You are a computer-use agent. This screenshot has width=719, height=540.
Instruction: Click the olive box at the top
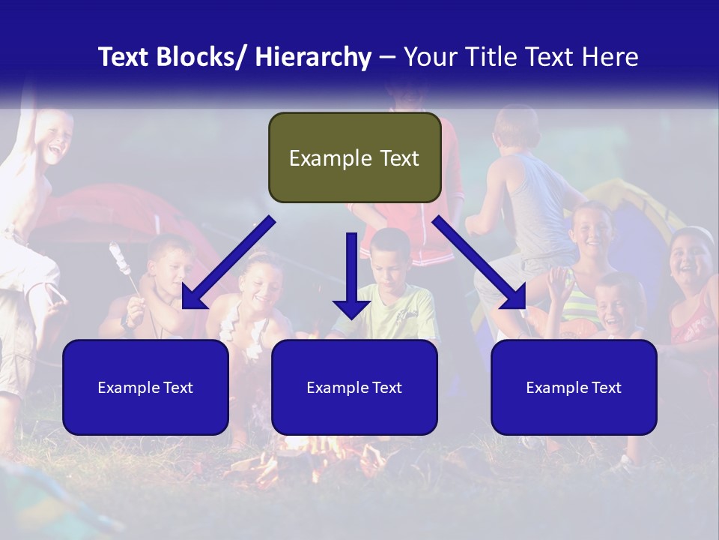pos(354,157)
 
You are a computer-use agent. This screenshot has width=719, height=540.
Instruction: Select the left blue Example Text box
pos(145,387)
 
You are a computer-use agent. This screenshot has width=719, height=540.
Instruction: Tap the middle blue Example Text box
pos(354,387)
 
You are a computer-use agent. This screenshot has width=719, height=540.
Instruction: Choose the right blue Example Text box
pos(574,387)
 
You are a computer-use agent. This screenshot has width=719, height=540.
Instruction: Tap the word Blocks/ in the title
pos(201,57)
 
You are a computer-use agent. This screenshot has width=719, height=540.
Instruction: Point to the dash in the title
pos(386,57)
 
